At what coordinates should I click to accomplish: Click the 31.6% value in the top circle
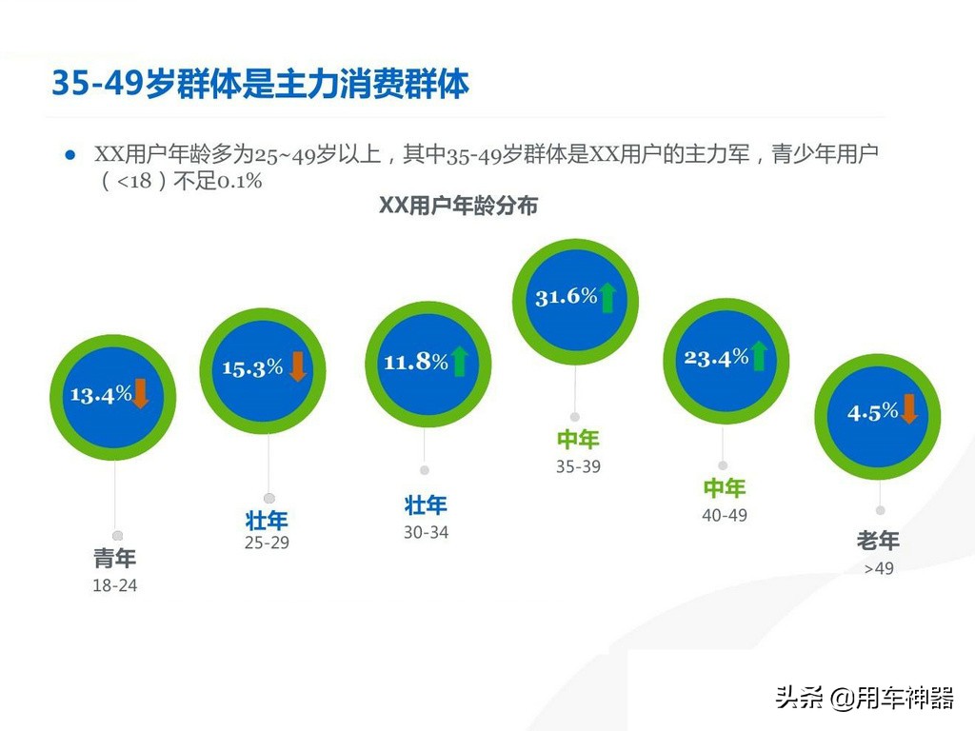[x=566, y=297]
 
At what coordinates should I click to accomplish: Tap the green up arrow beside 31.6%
[x=607, y=297]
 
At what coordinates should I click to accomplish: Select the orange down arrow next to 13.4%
[x=140, y=393]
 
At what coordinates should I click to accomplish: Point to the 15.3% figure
[x=252, y=368]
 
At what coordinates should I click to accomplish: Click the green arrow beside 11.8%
[x=460, y=361]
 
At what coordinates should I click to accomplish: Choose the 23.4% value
[x=716, y=358]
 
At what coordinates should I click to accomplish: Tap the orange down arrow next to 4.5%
[x=908, y=408]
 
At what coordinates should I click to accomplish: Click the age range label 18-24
[x=115, y=585]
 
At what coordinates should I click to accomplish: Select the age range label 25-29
[x=267, y=543]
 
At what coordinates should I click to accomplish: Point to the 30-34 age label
[x=426, y=532]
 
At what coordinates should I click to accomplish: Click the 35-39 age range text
[x=578, y=466]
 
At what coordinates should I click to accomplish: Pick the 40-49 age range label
[x=725, y=515]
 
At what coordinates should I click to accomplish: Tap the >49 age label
[x=879, y=568]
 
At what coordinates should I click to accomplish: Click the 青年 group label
[x=115, y=558]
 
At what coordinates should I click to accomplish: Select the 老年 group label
[x=878, y=541]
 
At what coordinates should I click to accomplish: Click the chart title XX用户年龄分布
[x=458, y=206]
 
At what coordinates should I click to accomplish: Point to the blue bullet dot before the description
[x=70, y=155]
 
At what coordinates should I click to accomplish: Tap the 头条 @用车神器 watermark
[x=865, y=698]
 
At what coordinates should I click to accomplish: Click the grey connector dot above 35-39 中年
[x=575, y=417]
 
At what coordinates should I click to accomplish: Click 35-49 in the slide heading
[x=98, y=83]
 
